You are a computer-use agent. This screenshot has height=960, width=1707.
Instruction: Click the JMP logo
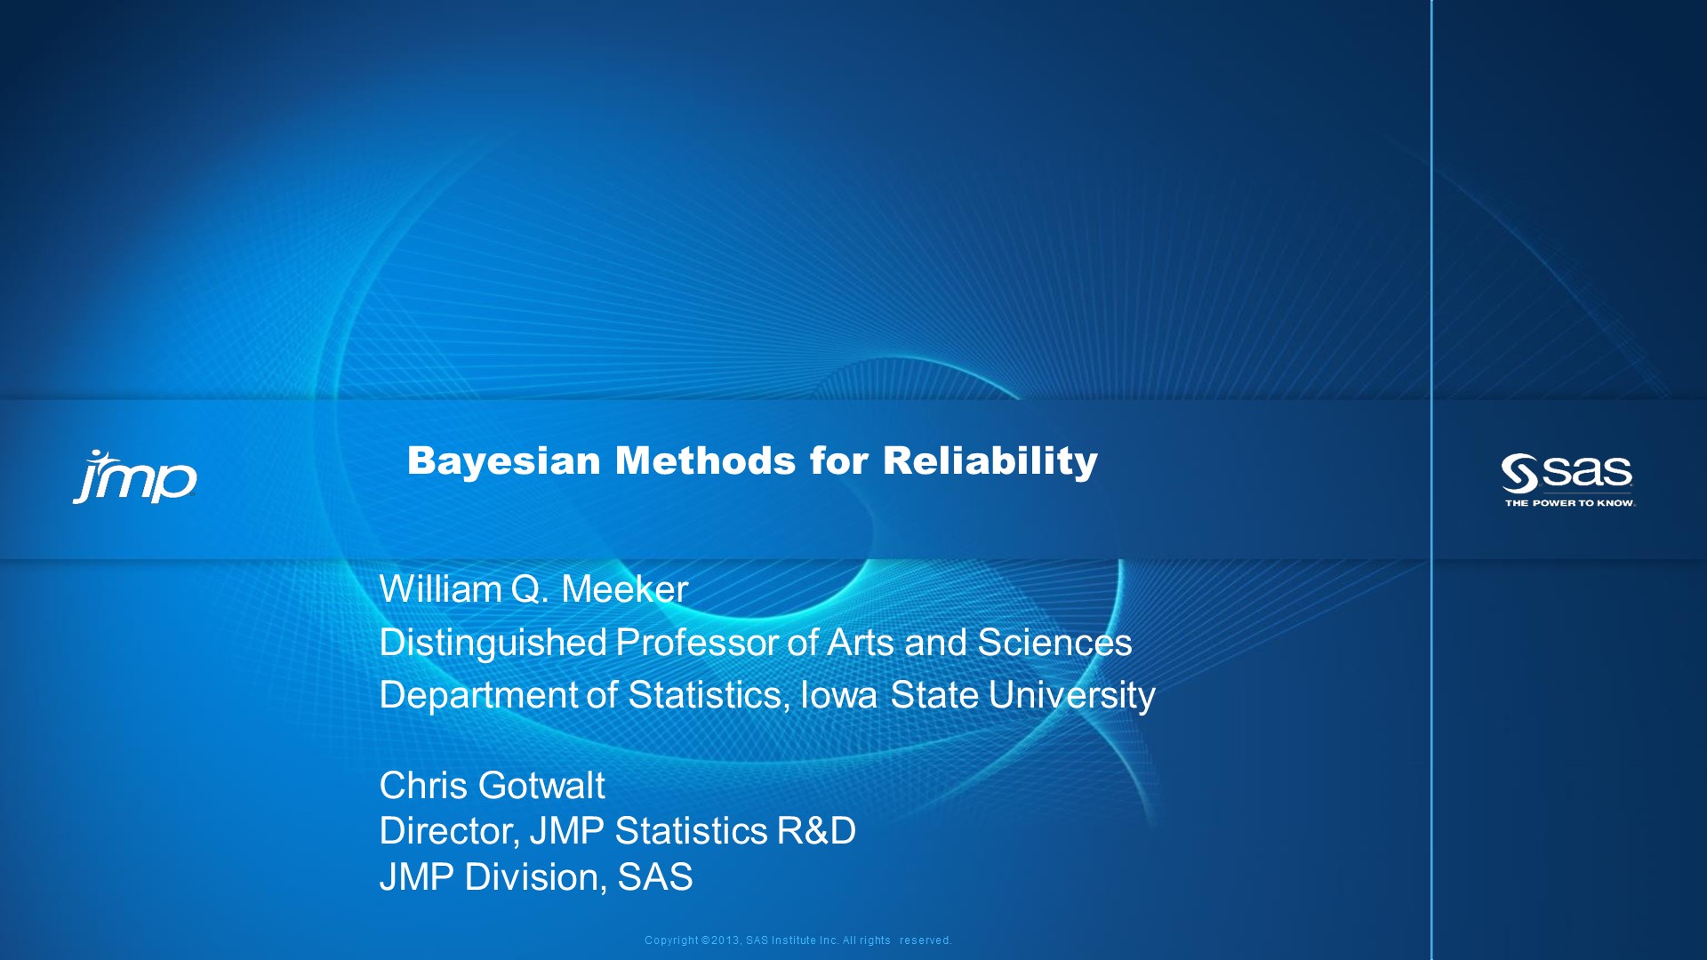[135, 477]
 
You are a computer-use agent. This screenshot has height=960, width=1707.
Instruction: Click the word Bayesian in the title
[504, 461]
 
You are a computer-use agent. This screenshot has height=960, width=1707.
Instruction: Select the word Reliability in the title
[990, 461]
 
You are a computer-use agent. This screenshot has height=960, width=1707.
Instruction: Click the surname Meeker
[624, 589]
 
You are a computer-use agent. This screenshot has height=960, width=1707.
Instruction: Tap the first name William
[440, 589]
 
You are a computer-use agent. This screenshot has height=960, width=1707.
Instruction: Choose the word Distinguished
[493, 643]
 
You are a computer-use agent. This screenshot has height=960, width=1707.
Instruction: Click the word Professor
[697, 643]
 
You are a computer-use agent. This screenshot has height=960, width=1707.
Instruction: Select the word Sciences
[1054, 643]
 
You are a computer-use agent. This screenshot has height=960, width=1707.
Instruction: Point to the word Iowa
[839, 695]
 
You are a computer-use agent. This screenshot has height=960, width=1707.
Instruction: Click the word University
[1071, 695]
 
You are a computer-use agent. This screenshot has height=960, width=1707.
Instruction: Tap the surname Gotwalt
[541, 786]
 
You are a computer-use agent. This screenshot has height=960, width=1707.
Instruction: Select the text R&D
[816, 831]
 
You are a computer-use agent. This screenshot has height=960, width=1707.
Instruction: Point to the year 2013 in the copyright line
[725, 940]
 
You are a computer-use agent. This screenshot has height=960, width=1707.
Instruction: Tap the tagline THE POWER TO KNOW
[1569, 503]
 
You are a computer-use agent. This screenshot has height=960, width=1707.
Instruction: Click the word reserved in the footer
[925, 940]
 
